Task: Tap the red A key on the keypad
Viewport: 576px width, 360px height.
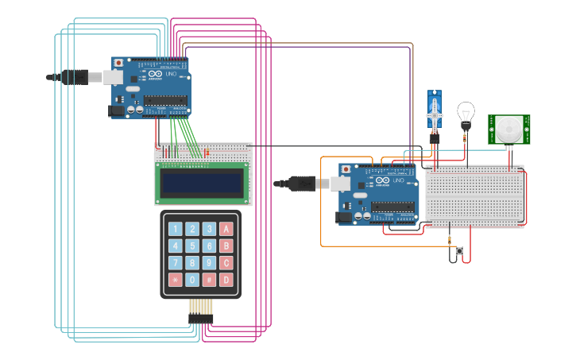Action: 226,229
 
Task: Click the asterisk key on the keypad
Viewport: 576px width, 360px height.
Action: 175,280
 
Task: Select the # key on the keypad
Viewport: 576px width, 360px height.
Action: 209,280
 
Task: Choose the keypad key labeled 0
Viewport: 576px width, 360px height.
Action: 191,280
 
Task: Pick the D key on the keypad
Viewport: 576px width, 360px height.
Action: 226,280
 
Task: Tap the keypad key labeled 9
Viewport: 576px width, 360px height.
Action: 209,262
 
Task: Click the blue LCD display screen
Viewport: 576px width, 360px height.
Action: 202,184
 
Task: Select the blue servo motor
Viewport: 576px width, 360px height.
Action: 435,111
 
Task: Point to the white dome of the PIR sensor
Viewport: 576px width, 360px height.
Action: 509,129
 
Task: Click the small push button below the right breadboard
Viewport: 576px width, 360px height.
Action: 459,251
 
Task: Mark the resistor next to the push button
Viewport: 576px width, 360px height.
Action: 450,240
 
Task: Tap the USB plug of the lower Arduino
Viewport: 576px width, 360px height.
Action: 302,184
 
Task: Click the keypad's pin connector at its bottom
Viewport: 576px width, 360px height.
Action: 201,317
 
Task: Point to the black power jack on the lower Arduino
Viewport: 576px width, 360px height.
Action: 344,217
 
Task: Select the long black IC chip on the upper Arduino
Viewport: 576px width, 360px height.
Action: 165,100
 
